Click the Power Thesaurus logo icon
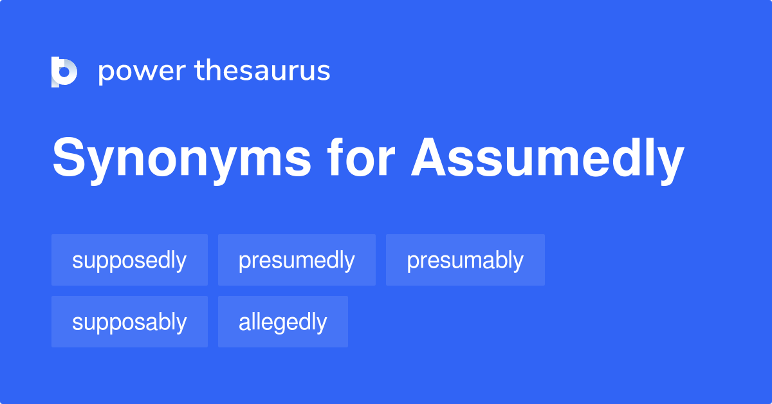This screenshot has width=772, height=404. (x=64, y=71)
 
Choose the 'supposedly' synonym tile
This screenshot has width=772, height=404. (x=129, y=260)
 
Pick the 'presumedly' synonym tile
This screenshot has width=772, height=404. (x=297, y=260)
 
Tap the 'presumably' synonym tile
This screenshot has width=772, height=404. (x=465, y=260)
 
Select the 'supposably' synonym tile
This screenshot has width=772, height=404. (x=129, y=322)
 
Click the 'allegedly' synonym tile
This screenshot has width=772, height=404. (x=283, y=322)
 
